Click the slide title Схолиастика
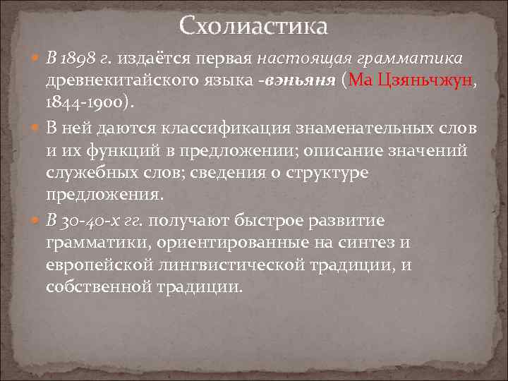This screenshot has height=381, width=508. tap(253, 26)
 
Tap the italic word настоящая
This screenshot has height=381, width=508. tap(298, 56)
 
